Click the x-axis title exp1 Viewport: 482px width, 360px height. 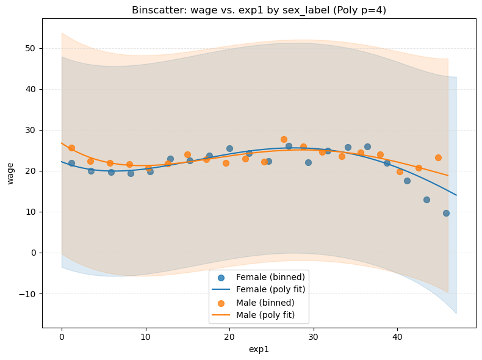(x=259, y=349)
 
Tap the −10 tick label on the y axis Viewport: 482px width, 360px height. (x=28, y=293)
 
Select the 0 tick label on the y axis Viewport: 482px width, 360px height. (x=33, y=253)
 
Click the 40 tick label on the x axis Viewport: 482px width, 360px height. (x=397, y=336)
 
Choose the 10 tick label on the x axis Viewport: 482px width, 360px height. (x=145, y=336)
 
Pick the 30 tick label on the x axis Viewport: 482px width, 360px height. (x=313, y=336)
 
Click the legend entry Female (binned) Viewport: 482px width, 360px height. (x=270, y=277)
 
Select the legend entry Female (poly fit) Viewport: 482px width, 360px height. (x=270, y=289)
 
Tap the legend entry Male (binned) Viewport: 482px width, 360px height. (x=265, y=303)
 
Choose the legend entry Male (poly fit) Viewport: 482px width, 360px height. (x=265, y=315)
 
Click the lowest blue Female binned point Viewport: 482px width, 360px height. (x=446, y=213)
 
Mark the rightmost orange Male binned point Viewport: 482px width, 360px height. (x=438, y=157)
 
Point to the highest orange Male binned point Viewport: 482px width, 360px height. (x=284, y=139)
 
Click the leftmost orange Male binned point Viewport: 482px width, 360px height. (x=71, y=148)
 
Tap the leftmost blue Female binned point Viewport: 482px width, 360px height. (x=71, y=163)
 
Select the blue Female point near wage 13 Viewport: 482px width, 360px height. (x=426, y=200)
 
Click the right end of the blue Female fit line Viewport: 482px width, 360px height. (x=456, y=195)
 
